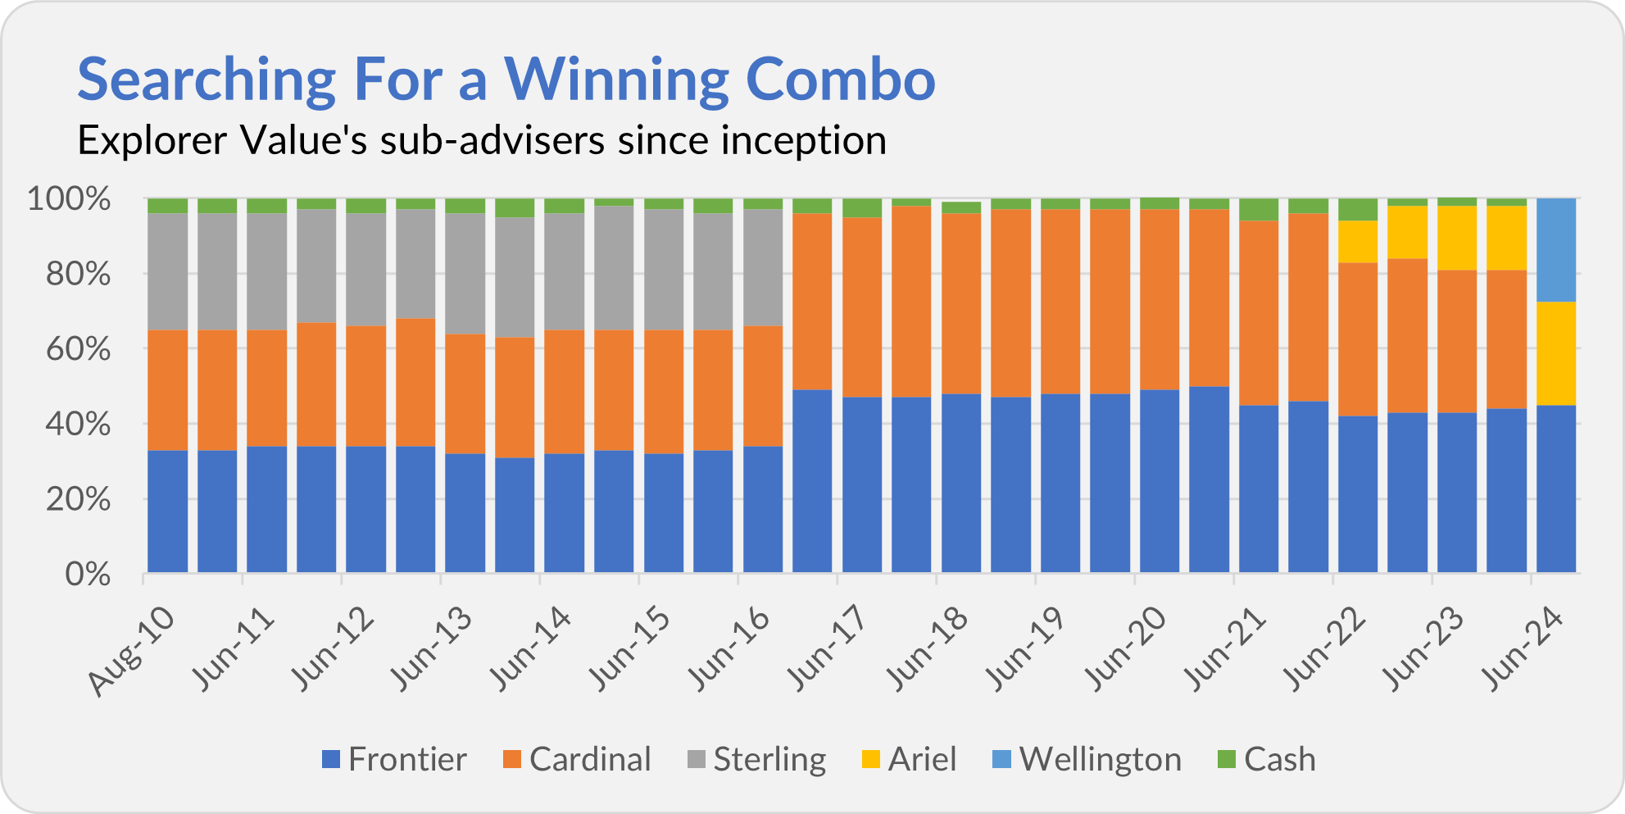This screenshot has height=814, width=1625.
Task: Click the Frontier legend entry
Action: coord(394,759)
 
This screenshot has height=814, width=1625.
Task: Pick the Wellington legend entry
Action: coord(1087,759)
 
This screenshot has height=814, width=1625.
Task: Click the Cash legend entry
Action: coord(1268,759)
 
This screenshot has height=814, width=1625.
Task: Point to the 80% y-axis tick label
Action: coord(78,274)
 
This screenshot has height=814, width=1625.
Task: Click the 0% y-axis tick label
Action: coord(88,574)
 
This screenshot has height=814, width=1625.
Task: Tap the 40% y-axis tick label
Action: coord(78,425)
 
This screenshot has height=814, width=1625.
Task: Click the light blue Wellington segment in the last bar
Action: coord(1556,250)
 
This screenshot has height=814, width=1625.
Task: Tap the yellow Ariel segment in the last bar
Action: coord(1556,353)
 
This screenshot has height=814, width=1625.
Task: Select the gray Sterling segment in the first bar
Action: coord(168,271)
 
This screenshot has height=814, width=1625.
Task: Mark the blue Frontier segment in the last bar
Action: coord(1556,489)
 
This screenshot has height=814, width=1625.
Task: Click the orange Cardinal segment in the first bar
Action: coord(168,390)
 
